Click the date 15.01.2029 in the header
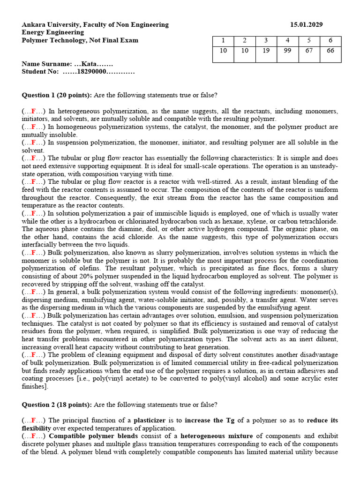(x=306, y=25)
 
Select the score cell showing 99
(x=287, y=51)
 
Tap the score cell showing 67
(x=309, y=51)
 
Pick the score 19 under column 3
(x=266, y=51)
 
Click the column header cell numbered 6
(x=330, y=40)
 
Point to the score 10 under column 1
(x=223, y=51)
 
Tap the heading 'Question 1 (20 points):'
(x=57, y=95)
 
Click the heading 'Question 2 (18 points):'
(x=57, y=405)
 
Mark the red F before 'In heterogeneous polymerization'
(x=34, y=111)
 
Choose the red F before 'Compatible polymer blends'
(x=34, y=436)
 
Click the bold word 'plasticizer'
(x=150, y=420)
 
